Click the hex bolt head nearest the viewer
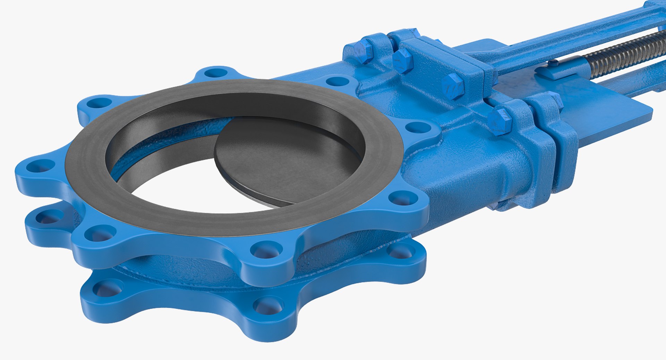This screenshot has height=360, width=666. (499, 121)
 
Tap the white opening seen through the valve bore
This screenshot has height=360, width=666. (194, 194)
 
